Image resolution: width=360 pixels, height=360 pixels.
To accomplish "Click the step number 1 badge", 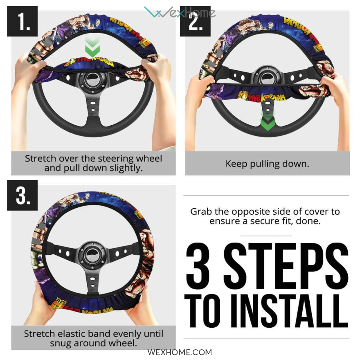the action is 22,21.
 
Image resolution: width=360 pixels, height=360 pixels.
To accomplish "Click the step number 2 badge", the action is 195,21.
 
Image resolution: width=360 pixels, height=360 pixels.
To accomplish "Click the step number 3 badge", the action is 22,196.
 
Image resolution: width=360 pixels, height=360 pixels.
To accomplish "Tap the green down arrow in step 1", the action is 92,47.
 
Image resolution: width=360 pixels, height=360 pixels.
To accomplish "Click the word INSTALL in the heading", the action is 289,311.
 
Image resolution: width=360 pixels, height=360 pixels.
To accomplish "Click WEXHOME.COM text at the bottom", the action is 180,352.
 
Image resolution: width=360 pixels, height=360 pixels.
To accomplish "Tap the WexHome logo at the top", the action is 180,12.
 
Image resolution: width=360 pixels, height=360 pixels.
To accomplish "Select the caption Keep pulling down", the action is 267,164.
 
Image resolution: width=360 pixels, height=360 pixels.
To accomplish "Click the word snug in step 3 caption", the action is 61,344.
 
